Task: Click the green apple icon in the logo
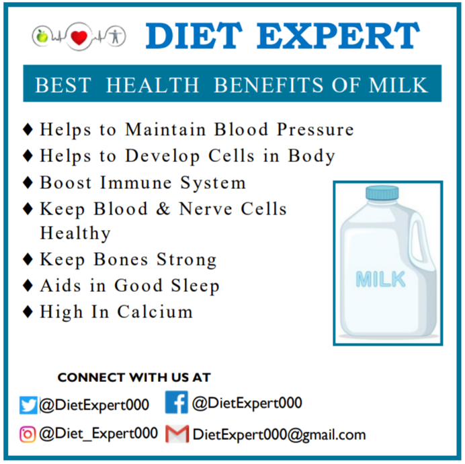42,36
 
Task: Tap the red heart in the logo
79,38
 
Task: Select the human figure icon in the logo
116,36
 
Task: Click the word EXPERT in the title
338,36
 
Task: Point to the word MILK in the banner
398,85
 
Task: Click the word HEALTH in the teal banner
153,85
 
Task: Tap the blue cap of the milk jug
382,193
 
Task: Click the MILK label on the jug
380,279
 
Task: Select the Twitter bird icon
28,405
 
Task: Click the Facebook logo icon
177,402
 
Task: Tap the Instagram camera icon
28,434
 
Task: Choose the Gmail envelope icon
177,434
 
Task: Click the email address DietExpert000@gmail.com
279,435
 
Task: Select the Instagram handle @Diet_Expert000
98,434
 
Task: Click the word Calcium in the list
155,312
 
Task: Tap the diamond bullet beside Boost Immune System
28,182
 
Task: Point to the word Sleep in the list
195,286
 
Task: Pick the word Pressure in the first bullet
315,129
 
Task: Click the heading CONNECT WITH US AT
134,377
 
